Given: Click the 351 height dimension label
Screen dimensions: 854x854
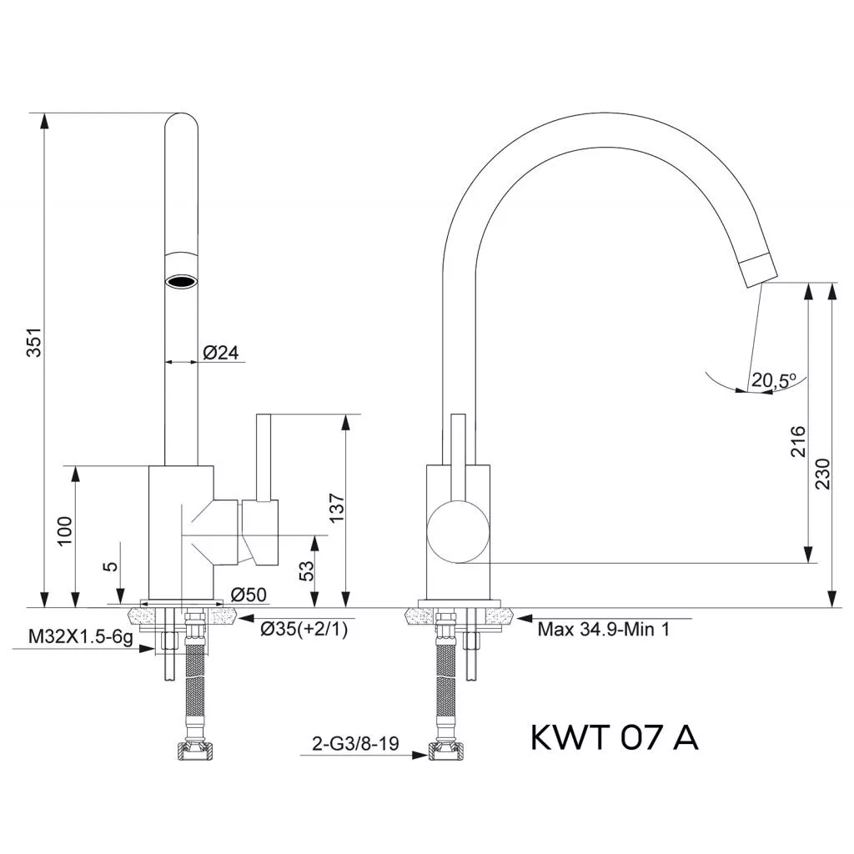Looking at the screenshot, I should click(33, 344).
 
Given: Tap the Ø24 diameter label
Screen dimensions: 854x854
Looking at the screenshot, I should click(221, 353).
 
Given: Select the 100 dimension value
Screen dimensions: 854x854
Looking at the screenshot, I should click(65, 531).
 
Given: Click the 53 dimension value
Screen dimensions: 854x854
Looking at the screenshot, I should click(306, 571).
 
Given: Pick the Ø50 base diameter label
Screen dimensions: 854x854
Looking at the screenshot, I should click(248, 595).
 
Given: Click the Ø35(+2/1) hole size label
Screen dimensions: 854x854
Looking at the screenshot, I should click(304, 630).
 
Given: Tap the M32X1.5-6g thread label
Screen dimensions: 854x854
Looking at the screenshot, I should click(81, 637).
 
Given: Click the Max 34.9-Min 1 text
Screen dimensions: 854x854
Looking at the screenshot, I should click(603, 630).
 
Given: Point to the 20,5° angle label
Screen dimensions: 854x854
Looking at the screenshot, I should click(774, 380).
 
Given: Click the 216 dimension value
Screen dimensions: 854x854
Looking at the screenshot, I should click(798, 443).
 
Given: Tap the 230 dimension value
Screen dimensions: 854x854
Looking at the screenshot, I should click(822, 474).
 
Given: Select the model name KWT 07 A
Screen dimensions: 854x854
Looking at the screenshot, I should click(615, 737).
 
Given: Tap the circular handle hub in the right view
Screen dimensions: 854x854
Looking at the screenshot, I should click(457, 532).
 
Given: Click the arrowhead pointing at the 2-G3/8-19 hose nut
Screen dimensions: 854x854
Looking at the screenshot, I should click(421, 756).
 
